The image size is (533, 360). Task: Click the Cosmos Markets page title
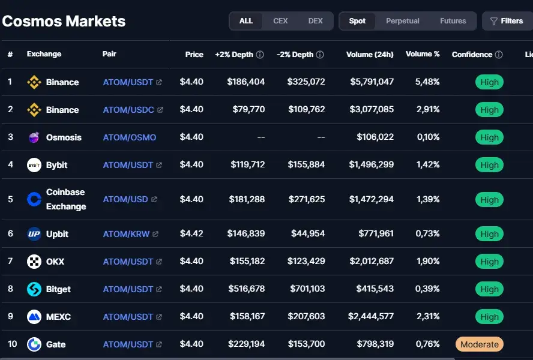coord(64,21)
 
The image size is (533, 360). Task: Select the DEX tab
coord(316,21)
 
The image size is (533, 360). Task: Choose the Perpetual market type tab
coord(403,21)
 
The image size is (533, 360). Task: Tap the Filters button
coord(507,21)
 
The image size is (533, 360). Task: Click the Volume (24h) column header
coord(370,55)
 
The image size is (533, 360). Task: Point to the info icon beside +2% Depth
coord(260,55)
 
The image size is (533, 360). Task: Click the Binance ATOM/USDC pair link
coord(128,110)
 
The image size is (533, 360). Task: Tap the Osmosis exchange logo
coord(34,137)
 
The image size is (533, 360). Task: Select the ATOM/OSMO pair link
coord(130,137)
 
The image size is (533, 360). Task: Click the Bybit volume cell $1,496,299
coord(371,164)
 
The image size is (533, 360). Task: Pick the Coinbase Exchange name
coord(66,199)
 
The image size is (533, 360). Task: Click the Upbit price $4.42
coord(191,233)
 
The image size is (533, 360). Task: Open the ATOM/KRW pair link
coord(126,234)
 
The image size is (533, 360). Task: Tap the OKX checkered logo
coord(34,262)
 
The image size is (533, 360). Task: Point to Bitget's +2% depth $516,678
coord(247,289)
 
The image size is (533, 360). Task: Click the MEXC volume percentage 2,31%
coord(428,316)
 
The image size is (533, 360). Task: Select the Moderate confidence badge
coord(480,344)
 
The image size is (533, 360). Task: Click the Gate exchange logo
coord(34,344)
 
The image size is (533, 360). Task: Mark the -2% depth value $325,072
coord(306,82)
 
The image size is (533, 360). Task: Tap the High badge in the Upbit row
coord(489,234)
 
